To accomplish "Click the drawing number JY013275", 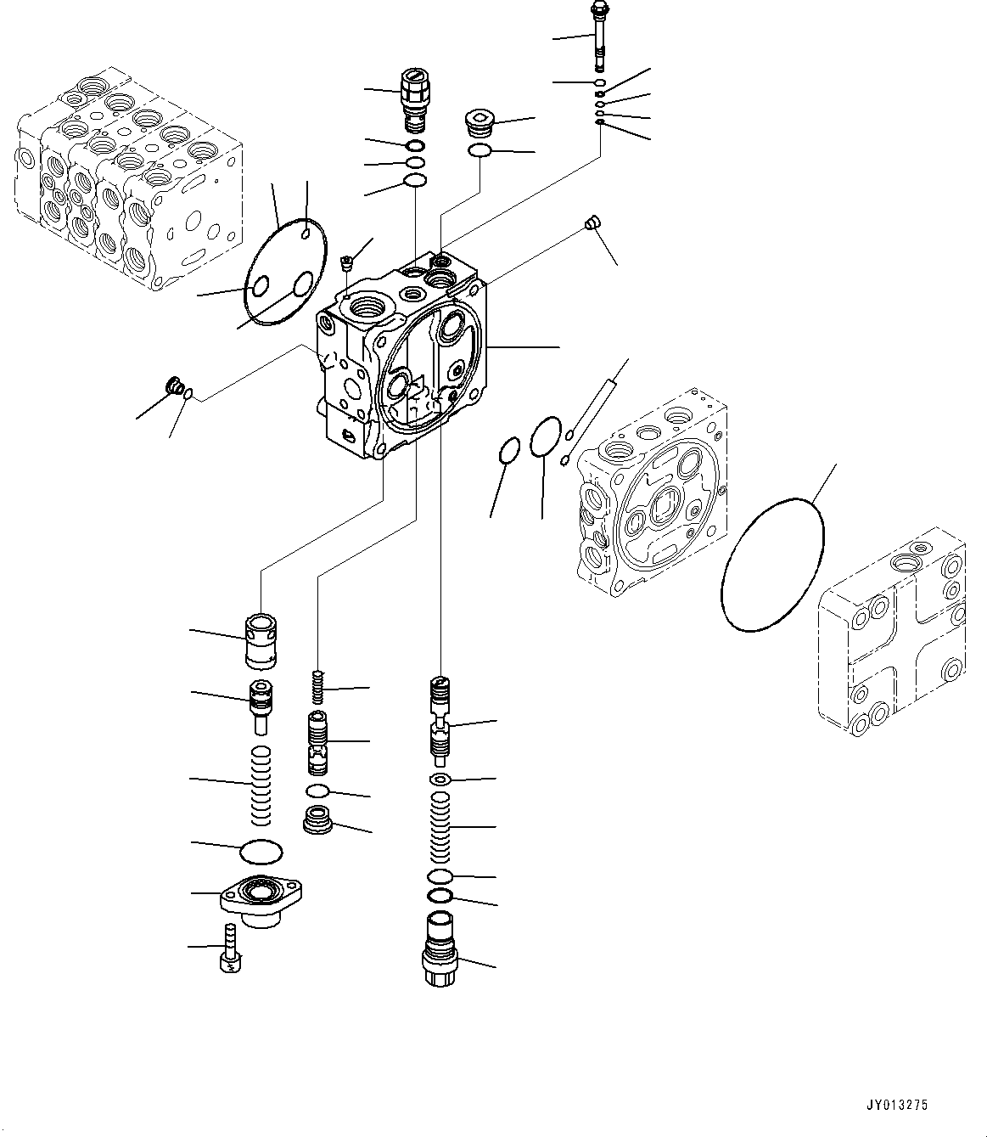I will [x=898, y=1105].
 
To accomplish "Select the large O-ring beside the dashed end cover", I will [x=772, y=566].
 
